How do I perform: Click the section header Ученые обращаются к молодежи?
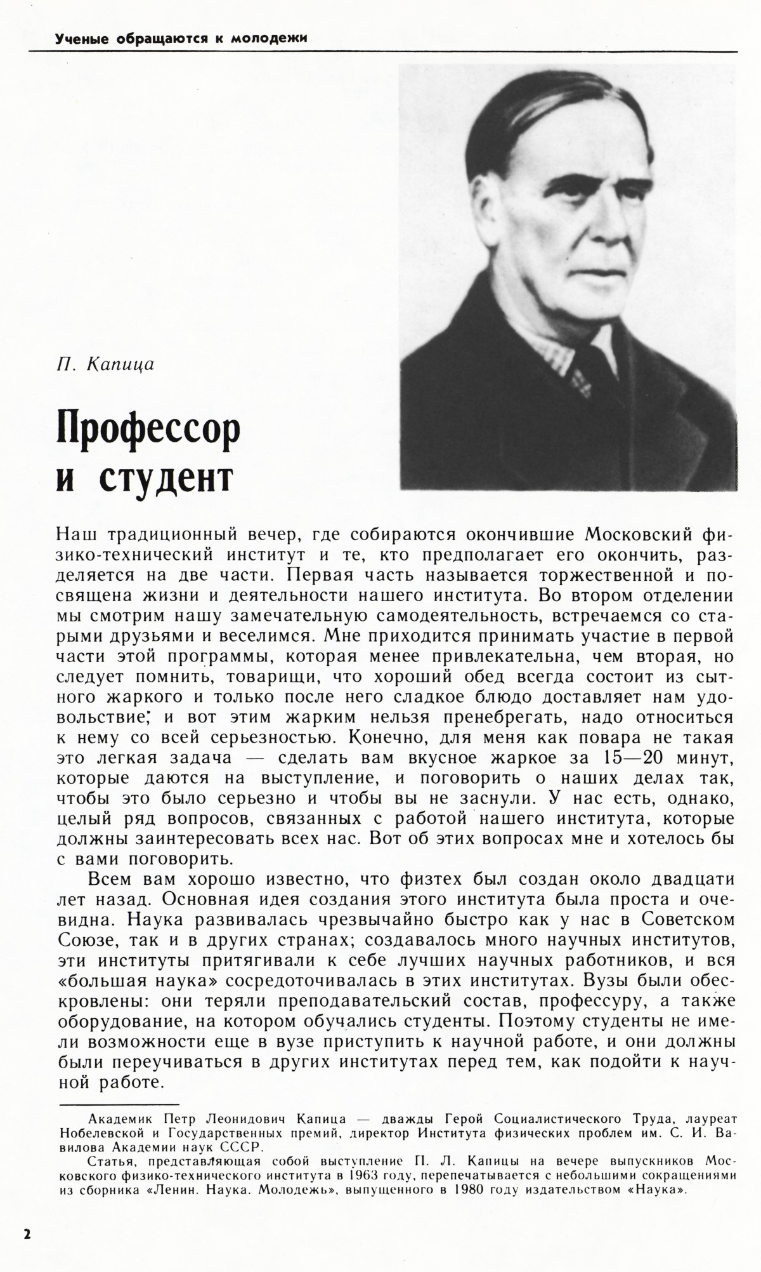[x=181, y=39]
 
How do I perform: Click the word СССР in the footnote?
[x=243, y=1162]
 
